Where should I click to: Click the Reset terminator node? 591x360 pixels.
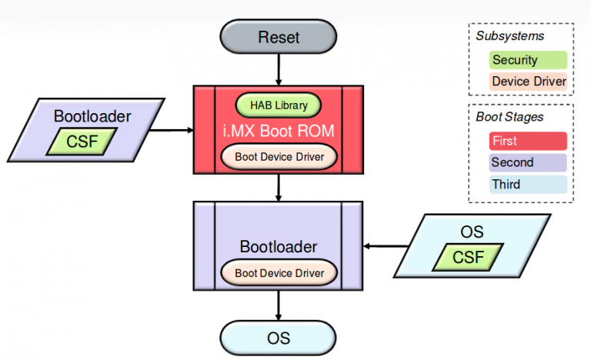pos(279,37)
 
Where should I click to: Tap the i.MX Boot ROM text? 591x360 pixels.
pos(279,131)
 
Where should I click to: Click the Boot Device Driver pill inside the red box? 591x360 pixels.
pos(279,157)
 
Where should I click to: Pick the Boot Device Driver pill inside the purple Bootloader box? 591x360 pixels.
pos(279,272)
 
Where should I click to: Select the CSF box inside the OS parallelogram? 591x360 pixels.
pos(469,257)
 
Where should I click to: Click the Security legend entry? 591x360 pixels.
pos(527,59)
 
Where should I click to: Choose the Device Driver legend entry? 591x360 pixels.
pos(527,81)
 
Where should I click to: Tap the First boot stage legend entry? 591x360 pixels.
pos(527,141)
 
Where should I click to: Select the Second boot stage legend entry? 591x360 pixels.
pos(527,162)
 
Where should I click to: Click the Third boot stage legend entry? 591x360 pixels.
pos(527,184)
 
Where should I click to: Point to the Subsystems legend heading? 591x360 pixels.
pos(509,36)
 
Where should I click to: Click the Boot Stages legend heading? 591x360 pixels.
pos(509,117)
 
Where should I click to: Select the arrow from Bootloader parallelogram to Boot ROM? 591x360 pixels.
pos(171,130)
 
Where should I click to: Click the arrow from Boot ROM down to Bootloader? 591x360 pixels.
pos(279,188)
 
